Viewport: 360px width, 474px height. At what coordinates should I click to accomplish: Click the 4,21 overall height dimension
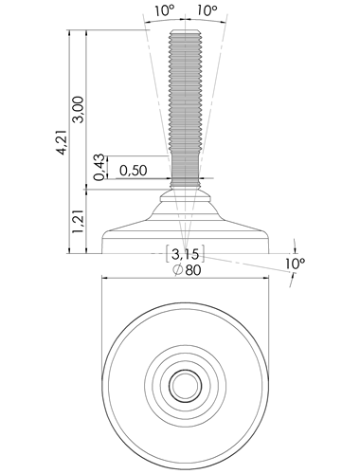point(63,142)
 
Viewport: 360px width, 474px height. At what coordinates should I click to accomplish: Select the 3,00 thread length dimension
point(78,109)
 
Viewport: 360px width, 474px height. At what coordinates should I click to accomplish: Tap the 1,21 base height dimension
point(78,221)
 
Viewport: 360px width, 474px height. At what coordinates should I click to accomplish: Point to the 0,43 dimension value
point(99,167)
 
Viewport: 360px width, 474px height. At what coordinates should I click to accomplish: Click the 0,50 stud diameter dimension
point(134,171)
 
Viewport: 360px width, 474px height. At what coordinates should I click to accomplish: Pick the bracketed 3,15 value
point(186,253)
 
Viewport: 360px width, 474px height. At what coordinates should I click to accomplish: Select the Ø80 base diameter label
point(187,270)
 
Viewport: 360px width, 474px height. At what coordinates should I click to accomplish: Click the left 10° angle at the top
point(164,10)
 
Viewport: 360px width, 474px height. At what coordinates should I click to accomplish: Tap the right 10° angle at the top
point(207,10)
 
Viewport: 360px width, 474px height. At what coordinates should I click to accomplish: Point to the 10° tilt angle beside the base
point(295,264)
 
